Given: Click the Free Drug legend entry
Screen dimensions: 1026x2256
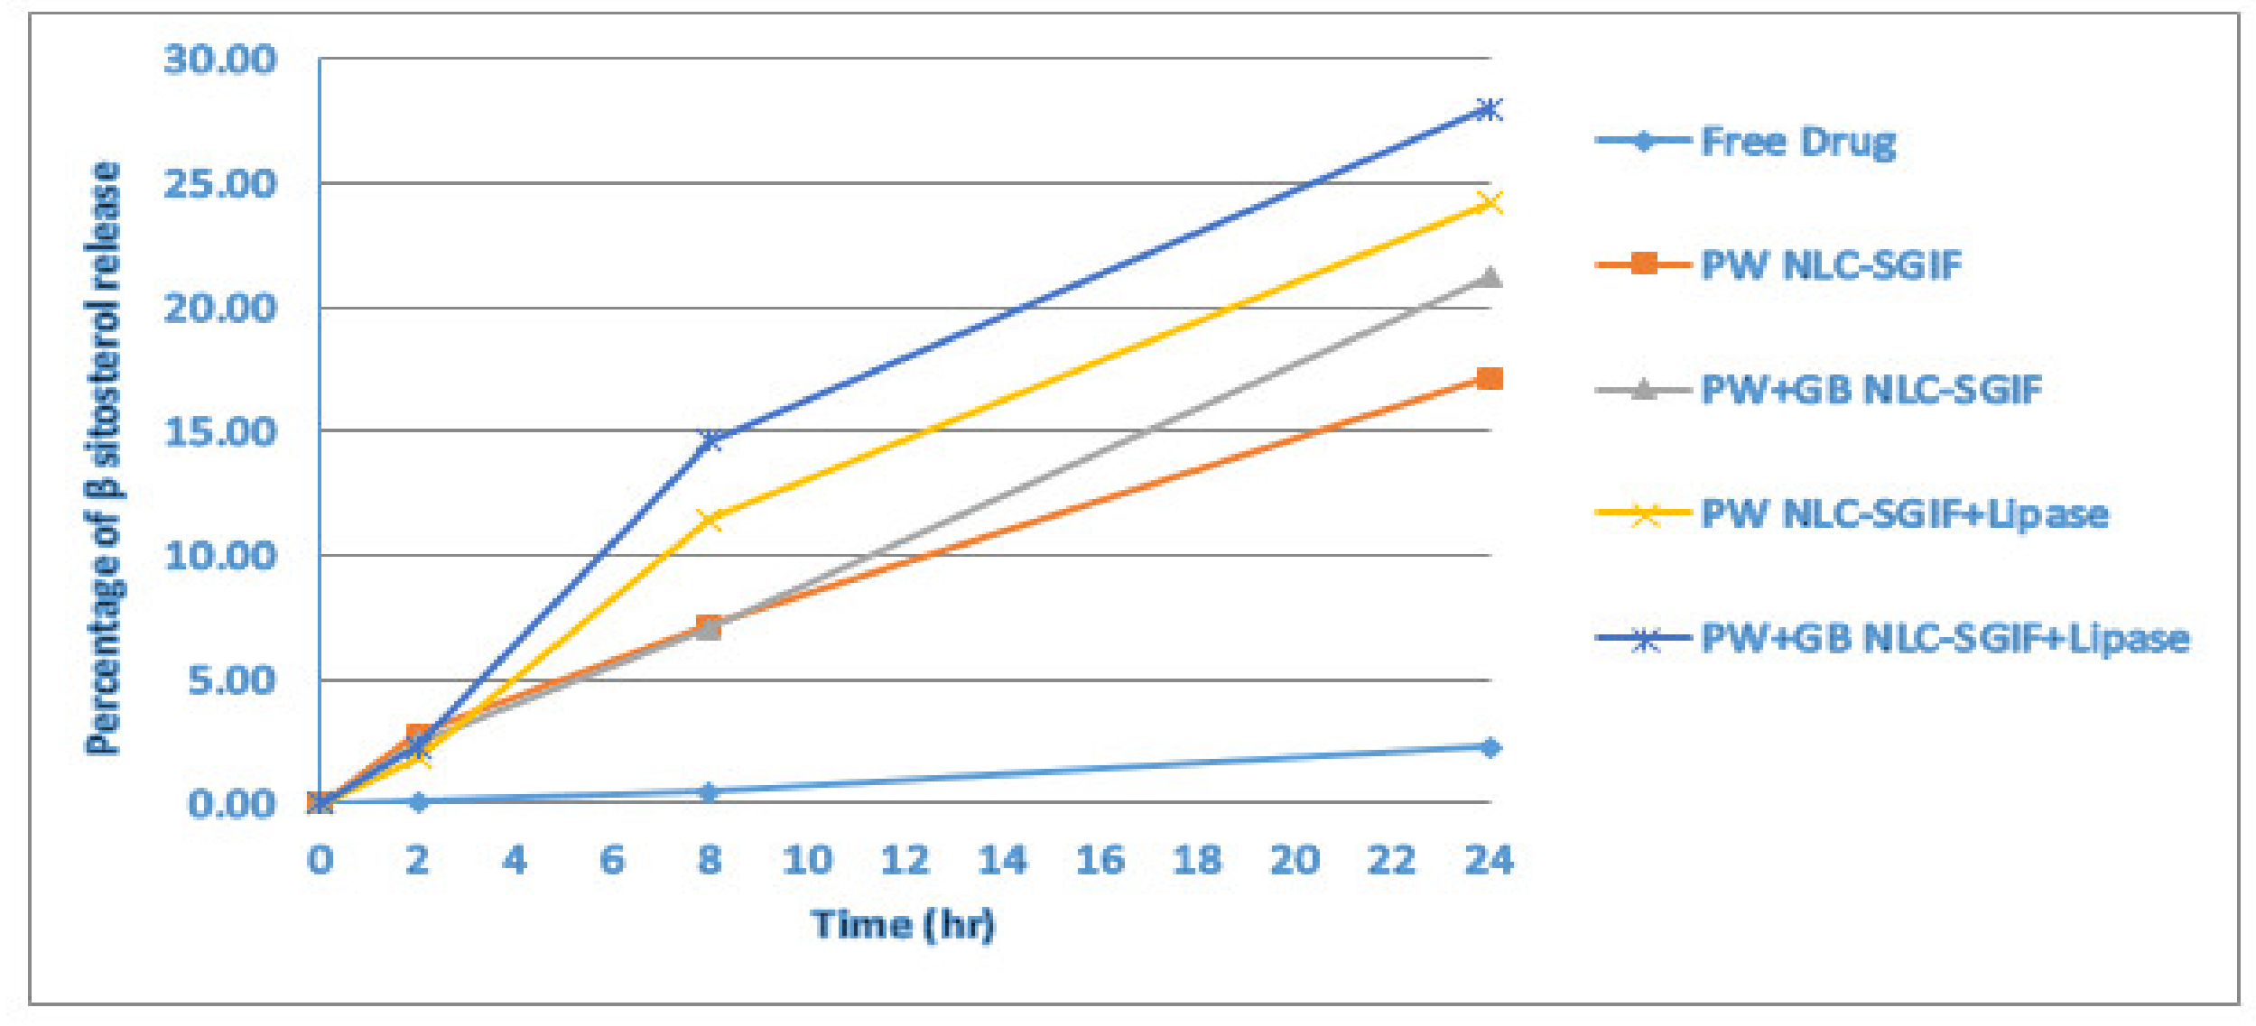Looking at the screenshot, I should pyautogui.click(x=1796, y=142).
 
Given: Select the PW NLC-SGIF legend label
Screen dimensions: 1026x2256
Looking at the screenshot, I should pyautogui.click(x=1831, y=265).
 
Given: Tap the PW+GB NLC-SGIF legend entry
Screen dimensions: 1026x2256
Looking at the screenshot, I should pyautogui.click(x=1871, y=390).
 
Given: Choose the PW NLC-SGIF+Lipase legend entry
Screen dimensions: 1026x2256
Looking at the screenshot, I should pyautogui.click(x=1904, y=514).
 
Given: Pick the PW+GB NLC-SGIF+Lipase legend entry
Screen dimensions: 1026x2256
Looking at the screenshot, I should pyautogui.click(x=1945, y=639).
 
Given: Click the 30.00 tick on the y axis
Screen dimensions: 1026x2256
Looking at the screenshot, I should pyautogui.click(x=220, y=60).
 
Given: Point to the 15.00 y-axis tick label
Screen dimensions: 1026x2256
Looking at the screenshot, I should pyautogui.click(x=220, y=432).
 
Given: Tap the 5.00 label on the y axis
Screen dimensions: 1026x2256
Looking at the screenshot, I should pyautogui.click(x=231, y=680).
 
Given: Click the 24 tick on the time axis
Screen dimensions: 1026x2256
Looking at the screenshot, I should pyautogui.click(x=1489, y=860).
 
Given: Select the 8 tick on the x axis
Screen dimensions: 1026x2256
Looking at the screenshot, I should pyautogui.click(x=710, y=860).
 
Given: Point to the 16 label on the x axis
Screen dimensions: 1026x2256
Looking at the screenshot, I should pyautogui.click(x=1100, y=860).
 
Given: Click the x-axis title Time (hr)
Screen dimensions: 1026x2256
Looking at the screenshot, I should pyautogui.click(x=903, y=925).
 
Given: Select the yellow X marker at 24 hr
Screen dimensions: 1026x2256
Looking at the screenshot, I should pyautogui.click(x=1490, y=202).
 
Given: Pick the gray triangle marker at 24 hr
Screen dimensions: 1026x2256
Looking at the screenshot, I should pyautogui.click(x=1490, y=277).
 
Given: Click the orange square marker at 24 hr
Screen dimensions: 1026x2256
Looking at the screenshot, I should pyautogui.click(x=1490, y=378).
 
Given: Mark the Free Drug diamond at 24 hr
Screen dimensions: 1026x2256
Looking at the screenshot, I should pyautogui.click(x=1490, y=747).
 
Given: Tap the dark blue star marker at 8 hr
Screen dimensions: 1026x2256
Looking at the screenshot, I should pyautogui.click(x=710, y=440).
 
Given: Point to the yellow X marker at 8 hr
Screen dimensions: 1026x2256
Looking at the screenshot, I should pyautogui.click(x=710, y=519).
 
